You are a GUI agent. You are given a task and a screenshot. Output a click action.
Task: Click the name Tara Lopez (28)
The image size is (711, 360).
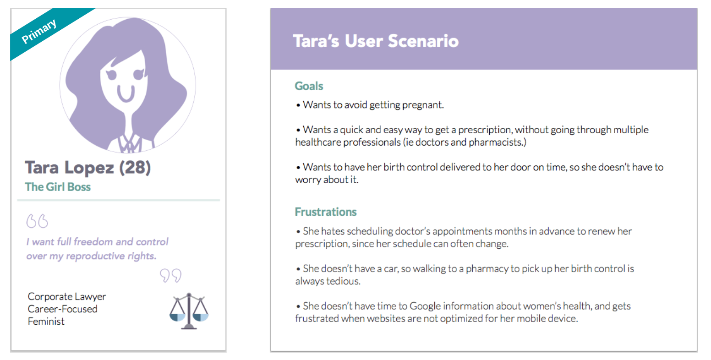click(88, 168)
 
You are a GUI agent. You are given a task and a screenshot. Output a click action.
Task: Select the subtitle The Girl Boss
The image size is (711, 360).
click(58, 187)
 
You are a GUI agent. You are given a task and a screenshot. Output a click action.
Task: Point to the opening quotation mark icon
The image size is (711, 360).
click(37, 221)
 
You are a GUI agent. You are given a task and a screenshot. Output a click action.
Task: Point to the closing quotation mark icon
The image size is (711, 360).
click(171, 275)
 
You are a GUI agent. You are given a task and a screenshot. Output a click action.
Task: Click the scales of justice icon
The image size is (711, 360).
click(189, 311)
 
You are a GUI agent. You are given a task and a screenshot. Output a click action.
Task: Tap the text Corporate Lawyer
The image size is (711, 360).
click(67, 296)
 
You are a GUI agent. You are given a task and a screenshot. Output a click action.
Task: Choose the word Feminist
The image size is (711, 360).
click(46, 322)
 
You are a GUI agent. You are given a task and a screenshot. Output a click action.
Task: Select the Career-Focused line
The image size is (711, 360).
click(62, 309)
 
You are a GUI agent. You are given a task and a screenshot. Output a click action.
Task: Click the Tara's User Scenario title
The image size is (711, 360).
click(376, 41)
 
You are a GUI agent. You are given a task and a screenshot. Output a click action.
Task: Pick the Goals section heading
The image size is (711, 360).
click(309, 86)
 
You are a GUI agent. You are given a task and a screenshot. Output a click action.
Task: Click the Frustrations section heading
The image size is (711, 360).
click(326, 212)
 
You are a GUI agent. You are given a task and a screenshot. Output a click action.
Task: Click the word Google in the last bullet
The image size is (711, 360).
click(425, 306)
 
